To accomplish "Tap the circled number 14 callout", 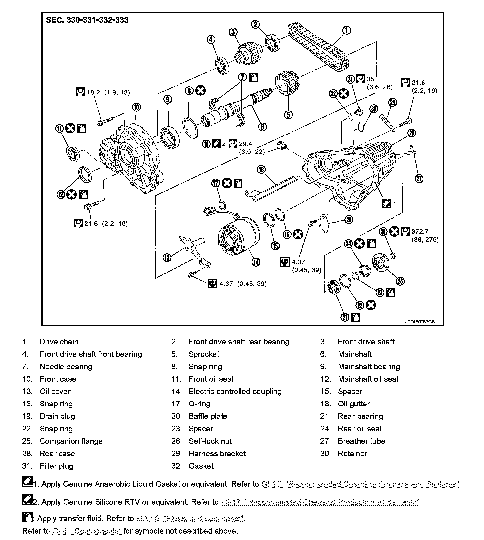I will [256, 262].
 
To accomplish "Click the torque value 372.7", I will [420, 231].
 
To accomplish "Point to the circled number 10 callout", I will [136, 107].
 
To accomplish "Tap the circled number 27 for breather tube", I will [419, 179].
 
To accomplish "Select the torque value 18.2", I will [93, 92].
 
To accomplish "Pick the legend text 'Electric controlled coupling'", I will [235, 392].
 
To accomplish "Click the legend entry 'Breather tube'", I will [361, 441].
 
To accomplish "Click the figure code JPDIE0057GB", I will [420, 322].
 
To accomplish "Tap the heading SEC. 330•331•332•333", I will [87, 20].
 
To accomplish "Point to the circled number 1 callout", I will [346, 30].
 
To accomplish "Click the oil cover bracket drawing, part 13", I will [193, 250].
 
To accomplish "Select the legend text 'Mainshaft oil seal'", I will [368, 379].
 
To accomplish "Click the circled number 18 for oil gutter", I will [261, 170].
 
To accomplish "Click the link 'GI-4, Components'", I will [87, 531].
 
